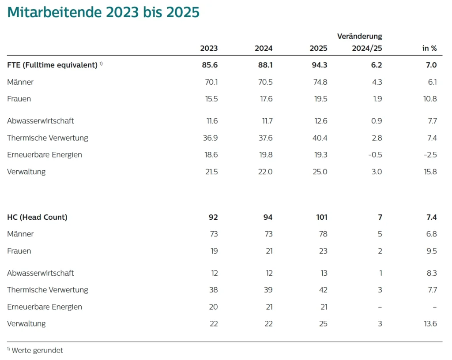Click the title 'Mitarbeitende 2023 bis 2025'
(103, 12)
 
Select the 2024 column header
(264, 48)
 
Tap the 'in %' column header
(429, 48)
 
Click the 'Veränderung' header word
(359, 36)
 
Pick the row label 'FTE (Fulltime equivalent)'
(52, 65)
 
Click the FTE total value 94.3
(318, 65)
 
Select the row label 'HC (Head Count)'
(37, 217)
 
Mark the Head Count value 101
(321, 217)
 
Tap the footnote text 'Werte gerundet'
(37, 350)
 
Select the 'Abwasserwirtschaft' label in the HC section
(41, 273)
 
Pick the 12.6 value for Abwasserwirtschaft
(318, 121)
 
